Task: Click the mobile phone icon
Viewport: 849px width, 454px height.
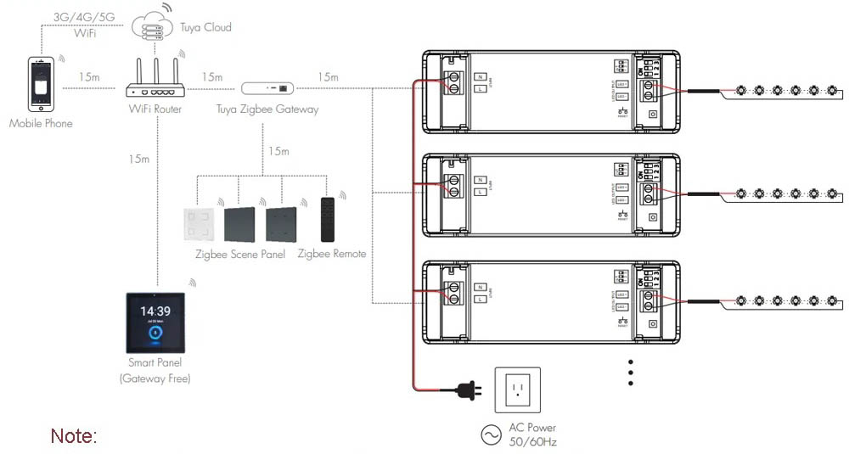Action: coord(42,84)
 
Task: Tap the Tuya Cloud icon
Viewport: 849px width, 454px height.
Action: coord(153,27)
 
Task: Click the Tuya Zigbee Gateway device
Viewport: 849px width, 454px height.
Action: coord(267,87)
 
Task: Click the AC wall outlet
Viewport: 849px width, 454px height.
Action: coord(516,390)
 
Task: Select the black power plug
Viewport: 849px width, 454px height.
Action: coord(465,390)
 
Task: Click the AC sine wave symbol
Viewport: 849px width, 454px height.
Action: coord(492,435)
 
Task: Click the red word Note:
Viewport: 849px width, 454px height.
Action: coord(74,436)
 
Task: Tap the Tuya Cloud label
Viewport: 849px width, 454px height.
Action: coord(205,27)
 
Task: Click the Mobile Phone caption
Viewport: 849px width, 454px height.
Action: coord(41,124)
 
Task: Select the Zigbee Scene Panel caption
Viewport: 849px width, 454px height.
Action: coord(240,254)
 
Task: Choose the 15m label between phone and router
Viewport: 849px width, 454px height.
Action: coord(89,77)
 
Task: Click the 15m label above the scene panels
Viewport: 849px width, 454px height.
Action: coord(278,151)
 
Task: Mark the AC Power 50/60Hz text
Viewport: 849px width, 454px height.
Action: coord(532,434)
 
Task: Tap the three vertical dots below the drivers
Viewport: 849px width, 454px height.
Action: coord(631,373)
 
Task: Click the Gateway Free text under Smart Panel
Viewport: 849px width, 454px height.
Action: coord(155,378)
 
